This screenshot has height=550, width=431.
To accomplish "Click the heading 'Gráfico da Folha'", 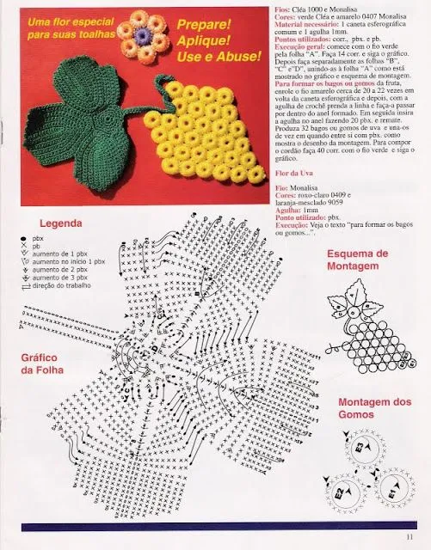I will click(x=43, y=364).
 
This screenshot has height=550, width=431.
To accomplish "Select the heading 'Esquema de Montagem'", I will click(x=358, y=260).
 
